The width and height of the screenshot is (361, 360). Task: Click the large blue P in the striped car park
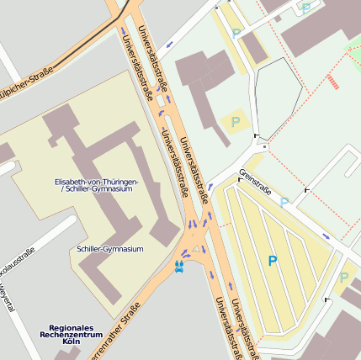click(x=272, y=262)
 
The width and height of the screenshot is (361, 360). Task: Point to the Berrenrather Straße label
click(x=109, y=334)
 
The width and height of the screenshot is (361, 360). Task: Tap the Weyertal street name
click(x=6, y=299)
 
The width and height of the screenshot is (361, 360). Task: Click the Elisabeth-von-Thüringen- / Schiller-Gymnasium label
click(x=97, y=185)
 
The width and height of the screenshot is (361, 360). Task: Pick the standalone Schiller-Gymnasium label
click(x=109, y=249)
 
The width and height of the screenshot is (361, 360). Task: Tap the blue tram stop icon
click(x=178, y=267)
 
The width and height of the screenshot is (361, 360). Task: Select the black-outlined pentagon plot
click(x=277, y=98)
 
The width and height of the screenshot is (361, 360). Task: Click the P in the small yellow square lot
click(x=236, y=121)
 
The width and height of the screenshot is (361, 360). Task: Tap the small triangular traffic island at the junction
click(x=196, y=249)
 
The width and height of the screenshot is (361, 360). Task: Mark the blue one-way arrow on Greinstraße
click(x=326, y=236)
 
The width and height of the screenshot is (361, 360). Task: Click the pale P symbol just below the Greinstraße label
click(x=284, y=202)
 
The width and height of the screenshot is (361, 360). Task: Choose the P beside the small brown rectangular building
click(x=236, y=33)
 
